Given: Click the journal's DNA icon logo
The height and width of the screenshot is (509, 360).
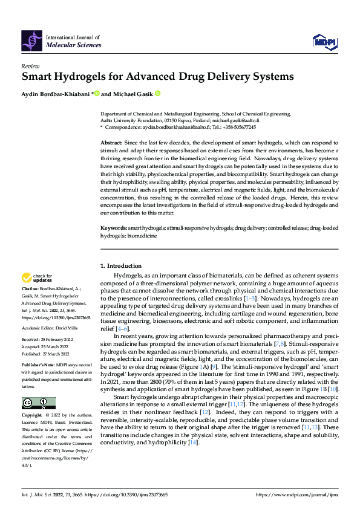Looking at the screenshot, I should (32, 40).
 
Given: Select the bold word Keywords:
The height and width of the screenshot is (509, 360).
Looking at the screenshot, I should (113, 229).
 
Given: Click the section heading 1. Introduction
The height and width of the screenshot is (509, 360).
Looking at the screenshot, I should (120, 266).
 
